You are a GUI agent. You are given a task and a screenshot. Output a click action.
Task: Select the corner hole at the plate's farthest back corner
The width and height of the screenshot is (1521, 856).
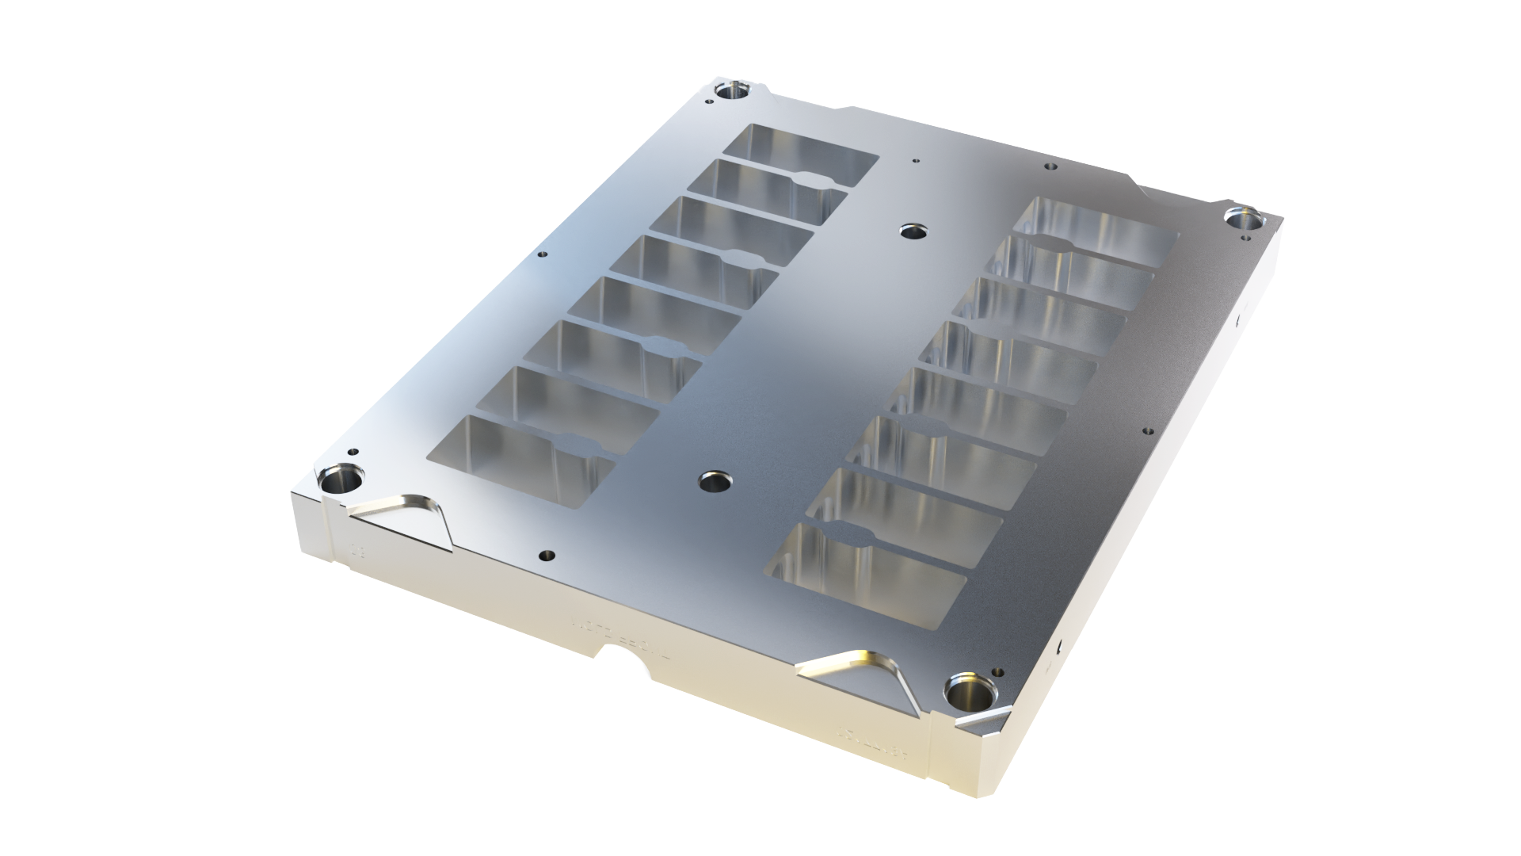734,90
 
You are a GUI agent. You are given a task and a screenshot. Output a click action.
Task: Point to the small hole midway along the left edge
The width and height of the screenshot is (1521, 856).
542,254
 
